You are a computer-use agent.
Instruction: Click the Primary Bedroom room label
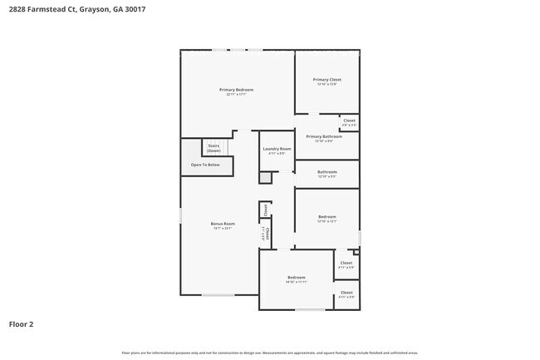236,90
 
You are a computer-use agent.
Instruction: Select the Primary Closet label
326,80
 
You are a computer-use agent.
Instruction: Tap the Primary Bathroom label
323,136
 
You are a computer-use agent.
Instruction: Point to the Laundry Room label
276,149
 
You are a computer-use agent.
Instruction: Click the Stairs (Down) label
214,148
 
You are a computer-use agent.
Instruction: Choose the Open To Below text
205,165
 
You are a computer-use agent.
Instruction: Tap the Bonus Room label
222,223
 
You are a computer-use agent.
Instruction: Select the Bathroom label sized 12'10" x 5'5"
326,172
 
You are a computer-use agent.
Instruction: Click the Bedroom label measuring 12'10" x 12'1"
326,217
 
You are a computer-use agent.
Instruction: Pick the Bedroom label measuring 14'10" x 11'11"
297,277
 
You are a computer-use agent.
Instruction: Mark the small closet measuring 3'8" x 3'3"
349,122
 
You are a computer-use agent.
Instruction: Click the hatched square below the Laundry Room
265,178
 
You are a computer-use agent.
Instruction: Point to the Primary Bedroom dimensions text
236,95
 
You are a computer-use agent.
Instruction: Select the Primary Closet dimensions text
326,85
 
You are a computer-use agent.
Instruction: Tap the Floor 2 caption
21,324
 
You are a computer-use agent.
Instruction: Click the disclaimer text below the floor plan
270,353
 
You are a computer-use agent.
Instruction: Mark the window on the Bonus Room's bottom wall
218,295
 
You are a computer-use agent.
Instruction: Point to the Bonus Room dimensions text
222,228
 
